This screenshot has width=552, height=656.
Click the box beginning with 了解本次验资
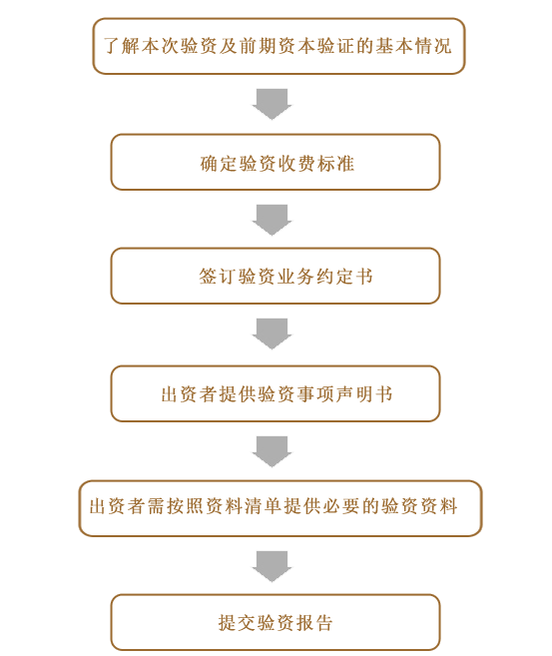[278, 46]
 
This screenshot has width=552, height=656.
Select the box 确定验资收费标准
[276, 162]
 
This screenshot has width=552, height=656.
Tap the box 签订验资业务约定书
[276, 276]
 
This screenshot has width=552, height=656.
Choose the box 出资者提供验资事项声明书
[276, 393]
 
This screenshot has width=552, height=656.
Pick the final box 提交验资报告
[276, 622]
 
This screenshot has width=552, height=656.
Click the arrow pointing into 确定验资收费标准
[272, 104]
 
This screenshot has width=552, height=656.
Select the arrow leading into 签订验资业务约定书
[272, 220]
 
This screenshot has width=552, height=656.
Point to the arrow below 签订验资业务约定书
[272, 333]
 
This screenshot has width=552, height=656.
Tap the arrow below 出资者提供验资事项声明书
[272, 452]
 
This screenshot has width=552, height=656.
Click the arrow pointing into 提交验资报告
[272, 567]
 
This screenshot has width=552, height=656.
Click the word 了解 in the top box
[121, 46]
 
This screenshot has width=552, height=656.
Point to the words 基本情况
[413, 46]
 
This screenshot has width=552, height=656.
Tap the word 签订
[217, 277]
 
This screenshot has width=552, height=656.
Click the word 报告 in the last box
[314, 623]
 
